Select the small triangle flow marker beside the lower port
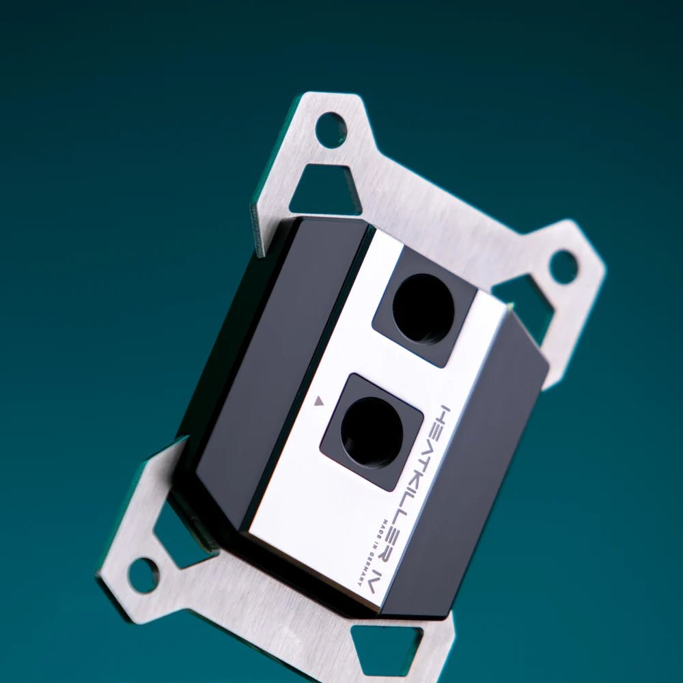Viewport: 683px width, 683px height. click(x=317, y=403)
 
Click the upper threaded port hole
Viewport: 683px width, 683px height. click(x=423, y=308)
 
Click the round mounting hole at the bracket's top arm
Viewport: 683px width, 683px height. click(x=331, y=130)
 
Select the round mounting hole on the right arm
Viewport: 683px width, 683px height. click(x=563, y=267)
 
